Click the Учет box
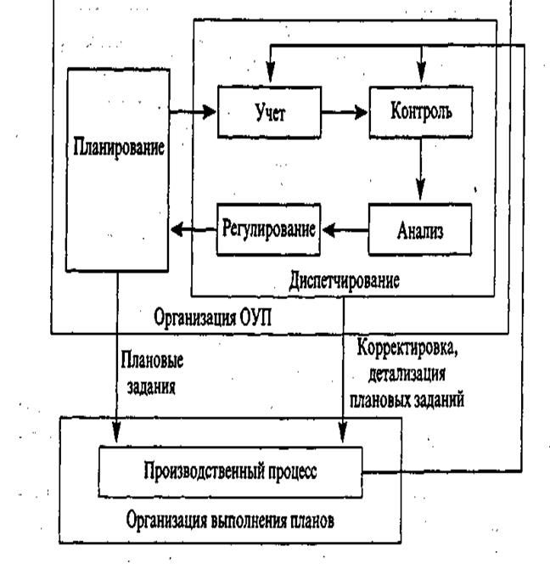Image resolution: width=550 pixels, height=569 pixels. [269, 112]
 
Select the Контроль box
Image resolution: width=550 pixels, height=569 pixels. [421, 112]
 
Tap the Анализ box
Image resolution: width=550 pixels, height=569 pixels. [420, 229]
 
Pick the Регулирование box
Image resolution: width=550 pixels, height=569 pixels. [268, 229]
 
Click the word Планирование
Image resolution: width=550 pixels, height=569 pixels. [119, 147]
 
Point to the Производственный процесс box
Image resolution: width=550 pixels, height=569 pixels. [231, 472]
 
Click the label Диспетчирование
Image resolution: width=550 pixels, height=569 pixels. [344, 281]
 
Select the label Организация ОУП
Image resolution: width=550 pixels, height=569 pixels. [212, 317]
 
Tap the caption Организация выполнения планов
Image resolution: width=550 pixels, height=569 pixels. [230, 521]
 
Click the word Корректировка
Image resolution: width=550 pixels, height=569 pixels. [407, 348]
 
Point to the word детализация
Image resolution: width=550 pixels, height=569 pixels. [407, 374]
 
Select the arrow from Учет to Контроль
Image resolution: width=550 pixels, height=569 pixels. [345, 112]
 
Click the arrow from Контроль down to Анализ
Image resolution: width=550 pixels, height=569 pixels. [421, 169]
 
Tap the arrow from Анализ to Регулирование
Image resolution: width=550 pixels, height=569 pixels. [345, 230]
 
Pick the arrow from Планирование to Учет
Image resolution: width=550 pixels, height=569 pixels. [193, 111]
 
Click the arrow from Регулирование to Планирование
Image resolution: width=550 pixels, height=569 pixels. [194, 229]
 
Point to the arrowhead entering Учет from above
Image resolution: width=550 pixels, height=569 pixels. [271, 71]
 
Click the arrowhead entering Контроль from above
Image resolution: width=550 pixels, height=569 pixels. [421, 71]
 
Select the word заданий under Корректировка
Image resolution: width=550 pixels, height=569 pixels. [439, 400]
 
